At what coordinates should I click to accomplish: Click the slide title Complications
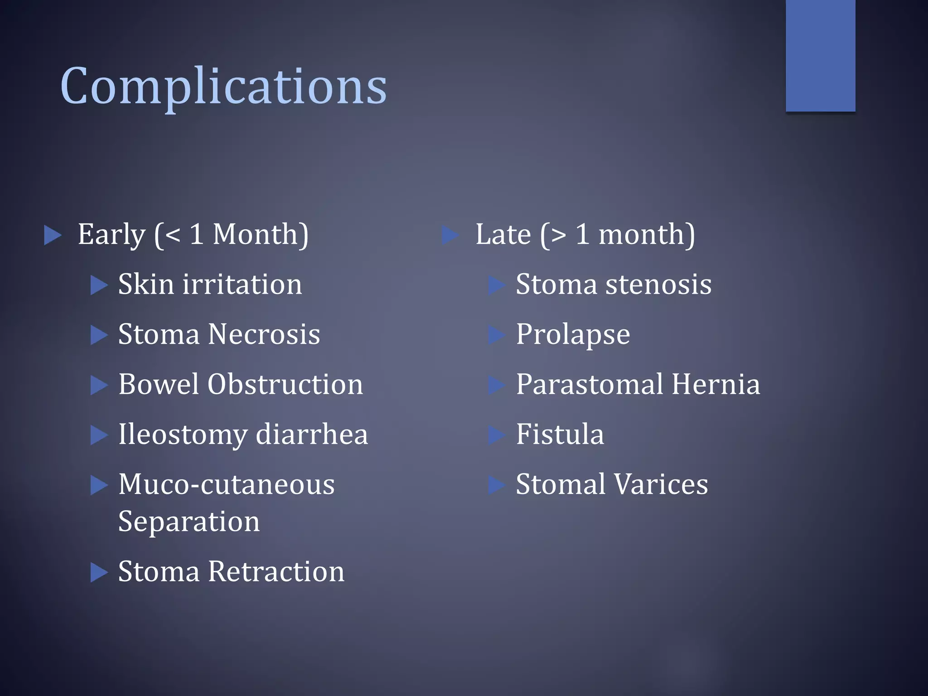tap(223, 86)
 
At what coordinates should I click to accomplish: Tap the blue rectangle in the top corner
tap(820, 55)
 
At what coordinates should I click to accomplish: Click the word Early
tap(111, 235)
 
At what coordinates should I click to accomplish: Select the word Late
tap(503, 235)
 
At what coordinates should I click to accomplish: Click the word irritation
tap(242, 285)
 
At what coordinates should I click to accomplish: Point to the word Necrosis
tap(264, 334)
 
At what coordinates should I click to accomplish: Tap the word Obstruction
tap(285, 384)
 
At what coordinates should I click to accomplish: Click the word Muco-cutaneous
tap(226, 484)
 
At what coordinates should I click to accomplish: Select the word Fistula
tap(560, 434)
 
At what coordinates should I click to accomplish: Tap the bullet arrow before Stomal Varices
tap(497, 485)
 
